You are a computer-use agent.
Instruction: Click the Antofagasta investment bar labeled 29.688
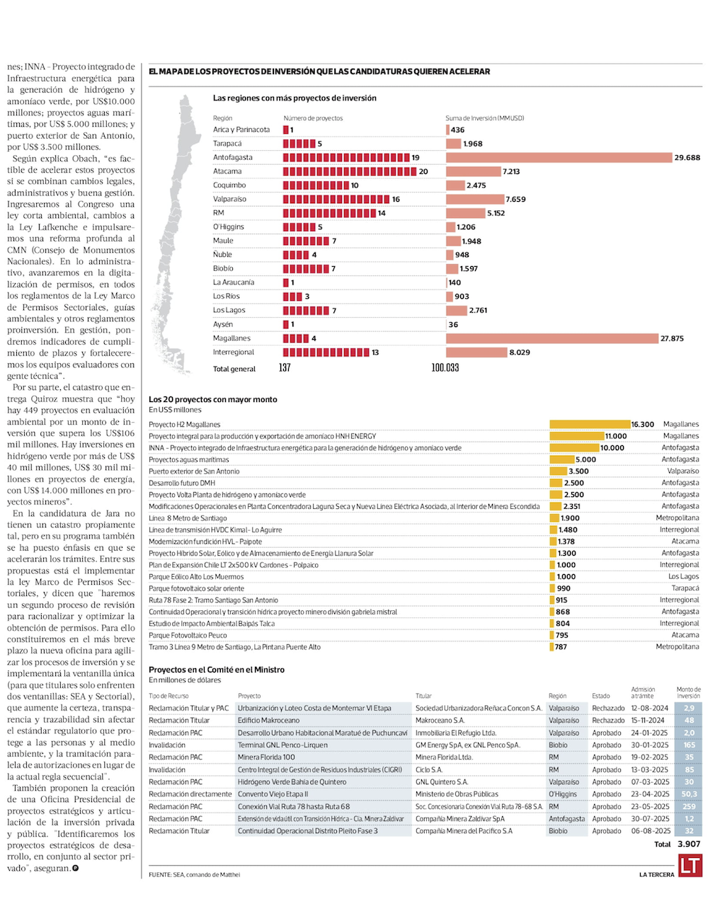click(559, 157)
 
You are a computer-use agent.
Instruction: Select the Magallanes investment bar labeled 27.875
click(552, 338)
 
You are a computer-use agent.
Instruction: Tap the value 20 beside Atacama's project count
click(423, 171)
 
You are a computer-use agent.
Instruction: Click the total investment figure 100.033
click(445, 368)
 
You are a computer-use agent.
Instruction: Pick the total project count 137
click(285, 368)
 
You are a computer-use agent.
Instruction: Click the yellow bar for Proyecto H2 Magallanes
click(590, 425)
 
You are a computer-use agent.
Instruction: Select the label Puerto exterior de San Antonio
click(194, 471)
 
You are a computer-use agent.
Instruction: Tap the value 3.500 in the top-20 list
click(578, 471)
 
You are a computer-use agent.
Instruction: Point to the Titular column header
click(423, 696)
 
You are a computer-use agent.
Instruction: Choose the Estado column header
click(601, 696)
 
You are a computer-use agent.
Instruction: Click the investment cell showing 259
click(689, 806)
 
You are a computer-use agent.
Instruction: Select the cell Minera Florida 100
click(266, 757)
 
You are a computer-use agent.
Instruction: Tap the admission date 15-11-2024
click(649, 721)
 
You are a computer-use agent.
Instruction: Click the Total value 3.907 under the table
click(689, 844)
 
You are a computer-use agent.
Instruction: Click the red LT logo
click(690, 866)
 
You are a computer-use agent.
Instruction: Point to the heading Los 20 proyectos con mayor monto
click(213, 399)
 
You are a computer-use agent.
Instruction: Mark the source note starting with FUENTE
click(195, 874)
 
